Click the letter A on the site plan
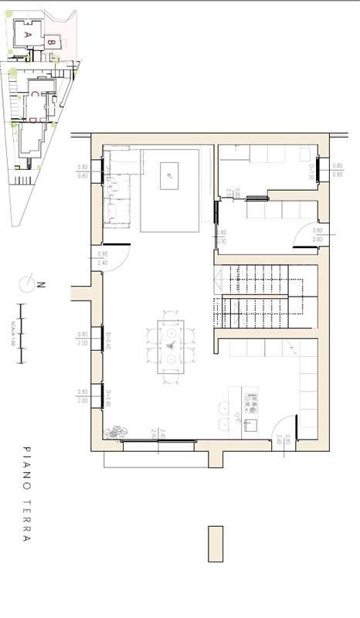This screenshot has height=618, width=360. click(x=27, y=35)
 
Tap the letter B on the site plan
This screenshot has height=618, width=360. click(x=50, y=43)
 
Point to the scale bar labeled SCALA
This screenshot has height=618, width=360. click(x=23, y=328)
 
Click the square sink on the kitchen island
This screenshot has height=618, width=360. click(x=250, y=423)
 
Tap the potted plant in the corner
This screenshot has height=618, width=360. click(x=116, y=432)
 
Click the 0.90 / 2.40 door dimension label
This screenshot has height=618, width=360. click(x=102, y=258)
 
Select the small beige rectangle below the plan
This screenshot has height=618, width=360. click(x=215, y=544)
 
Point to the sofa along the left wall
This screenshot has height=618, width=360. click(x=120, y=189)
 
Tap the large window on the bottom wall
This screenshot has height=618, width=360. click(x=158, y=444)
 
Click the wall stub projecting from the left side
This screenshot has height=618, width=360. click(x=80, y=293)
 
